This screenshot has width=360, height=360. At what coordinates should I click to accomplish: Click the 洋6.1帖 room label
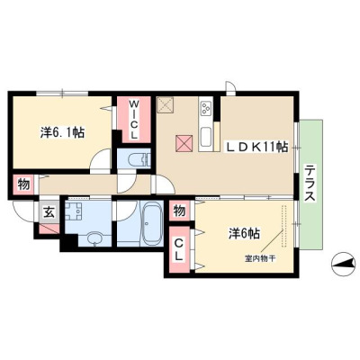pyautogui.click(x=62, y=132)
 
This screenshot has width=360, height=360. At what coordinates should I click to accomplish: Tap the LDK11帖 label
pyautogui.click(x=257, y=147)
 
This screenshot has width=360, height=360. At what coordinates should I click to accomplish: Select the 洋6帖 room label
pyautogui.click(x=244, y=233)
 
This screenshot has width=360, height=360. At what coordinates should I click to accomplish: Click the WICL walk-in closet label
pyautogui.click(x=134, y=120)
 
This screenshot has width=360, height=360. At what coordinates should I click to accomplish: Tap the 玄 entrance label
pyautogui.click(x=49, y=212)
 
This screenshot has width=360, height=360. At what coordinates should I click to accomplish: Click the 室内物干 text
pyautogui.click(x=260, y=259)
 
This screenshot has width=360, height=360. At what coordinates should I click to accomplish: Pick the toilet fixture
pyautogui.click(x=139, y=159)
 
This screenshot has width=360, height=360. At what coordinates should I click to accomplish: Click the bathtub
pyautogui.click(x=152, y=223)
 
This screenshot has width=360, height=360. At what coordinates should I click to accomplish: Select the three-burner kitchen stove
pyautogui.click(x=206, y=108)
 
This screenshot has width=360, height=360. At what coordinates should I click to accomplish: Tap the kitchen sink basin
pyautogui.click(x=206, y=137)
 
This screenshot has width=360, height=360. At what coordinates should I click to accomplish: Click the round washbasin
pyautogui.click(x=95, y=239)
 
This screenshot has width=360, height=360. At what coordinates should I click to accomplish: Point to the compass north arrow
pyautogui.click(x=341, y=264)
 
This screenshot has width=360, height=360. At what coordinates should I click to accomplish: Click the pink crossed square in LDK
pyautogui.click(x=184, y=143)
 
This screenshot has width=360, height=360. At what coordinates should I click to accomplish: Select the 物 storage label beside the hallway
pyautogui.click(x=23, y=184)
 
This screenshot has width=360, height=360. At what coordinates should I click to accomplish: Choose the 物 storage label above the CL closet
pyautogui.click(x=179, y=211)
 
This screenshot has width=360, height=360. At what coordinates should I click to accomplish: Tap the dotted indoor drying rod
pyautogui.click(x=283, y=226)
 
